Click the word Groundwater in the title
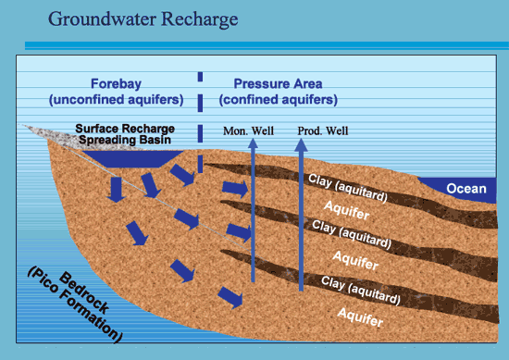(x=102, y=19)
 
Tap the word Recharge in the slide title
(x=200, y=19)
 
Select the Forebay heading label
(x=116, y=84)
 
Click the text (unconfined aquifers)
(x=117, y=100)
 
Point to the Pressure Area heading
(x=278, y=83)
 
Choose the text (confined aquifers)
(x=279, y=100)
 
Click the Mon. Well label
(x=248, y=131)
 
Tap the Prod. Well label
(x=323, y=130)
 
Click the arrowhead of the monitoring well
(x=254, y=143)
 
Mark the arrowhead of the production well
(x=301, y=144)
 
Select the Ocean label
(x=466, y=189)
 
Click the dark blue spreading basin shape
(x=132, y=159)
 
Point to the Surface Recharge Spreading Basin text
(x=125, y=134)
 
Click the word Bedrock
(x=83, y=293)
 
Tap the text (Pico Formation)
(x=75, y=304)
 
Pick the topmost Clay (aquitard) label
(x=348, y=188)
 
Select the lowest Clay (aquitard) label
(x=360, y=291)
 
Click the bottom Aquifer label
(x=360, y=317)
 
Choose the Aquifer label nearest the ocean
(x=347, y=210)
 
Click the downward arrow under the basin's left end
(x=116, y=190)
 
